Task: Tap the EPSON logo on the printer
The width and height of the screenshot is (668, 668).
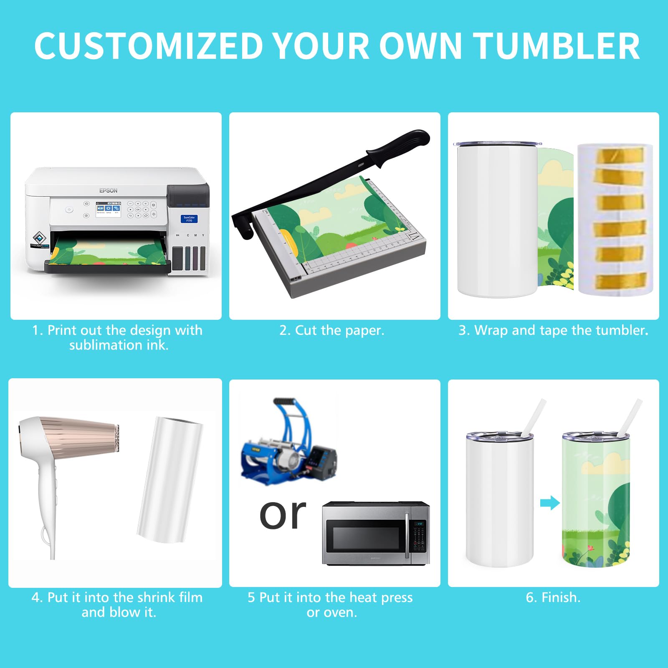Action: point(108,190)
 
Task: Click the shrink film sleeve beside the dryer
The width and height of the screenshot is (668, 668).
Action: point(170,479)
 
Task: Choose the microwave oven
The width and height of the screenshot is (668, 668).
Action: point(376,533)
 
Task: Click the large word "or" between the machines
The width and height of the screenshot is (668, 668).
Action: point(283,514)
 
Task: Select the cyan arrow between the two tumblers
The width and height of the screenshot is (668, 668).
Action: point(550,503)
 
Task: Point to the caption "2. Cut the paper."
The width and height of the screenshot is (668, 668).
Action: point(332,330)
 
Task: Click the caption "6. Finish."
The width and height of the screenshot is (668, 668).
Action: point(553,597)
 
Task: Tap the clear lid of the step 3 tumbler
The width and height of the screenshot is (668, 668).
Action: point(498,144)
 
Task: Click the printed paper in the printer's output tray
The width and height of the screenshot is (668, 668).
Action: point(109,252)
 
